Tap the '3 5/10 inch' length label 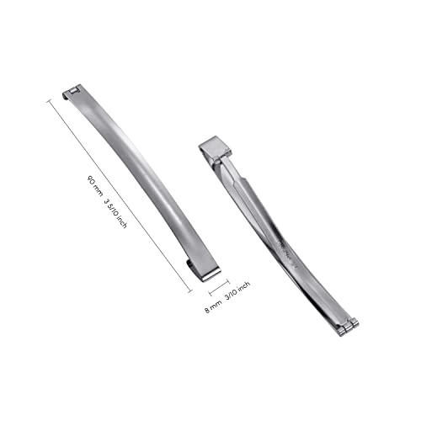click(x=115, y=213)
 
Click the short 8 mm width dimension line click(x=219, y=287)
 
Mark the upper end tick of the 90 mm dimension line click(x=50, y=101)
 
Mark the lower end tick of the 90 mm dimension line click(x=189, y=291)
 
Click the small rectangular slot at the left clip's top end click(x=74, y=91)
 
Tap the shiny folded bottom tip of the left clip click(x=210, y=275)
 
